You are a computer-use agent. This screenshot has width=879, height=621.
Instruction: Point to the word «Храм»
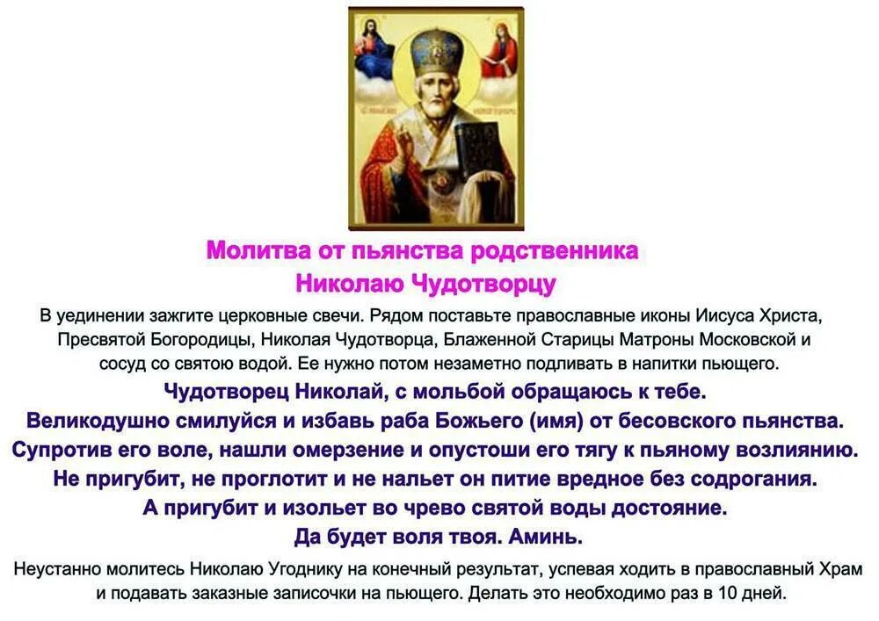(840, 569)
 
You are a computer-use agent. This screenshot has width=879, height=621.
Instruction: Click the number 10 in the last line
(724, 593)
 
